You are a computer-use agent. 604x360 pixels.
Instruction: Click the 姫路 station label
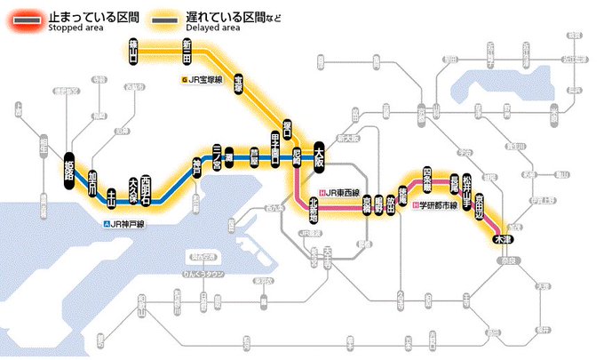(x=68, y=168)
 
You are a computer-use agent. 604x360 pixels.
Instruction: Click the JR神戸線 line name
(x=127, y=224)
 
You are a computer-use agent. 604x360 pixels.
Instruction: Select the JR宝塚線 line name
(x=203, y=80)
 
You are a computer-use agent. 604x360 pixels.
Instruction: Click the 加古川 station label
(x=91, y=180)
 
